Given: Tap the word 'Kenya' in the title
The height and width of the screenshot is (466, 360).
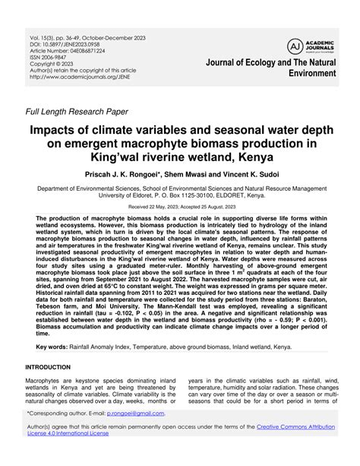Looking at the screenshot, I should click(x=259, y=160).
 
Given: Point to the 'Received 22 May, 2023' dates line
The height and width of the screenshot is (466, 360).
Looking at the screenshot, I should click(x=179, y=206).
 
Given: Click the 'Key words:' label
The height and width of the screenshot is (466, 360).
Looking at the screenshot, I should click(x=52, y=347).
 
